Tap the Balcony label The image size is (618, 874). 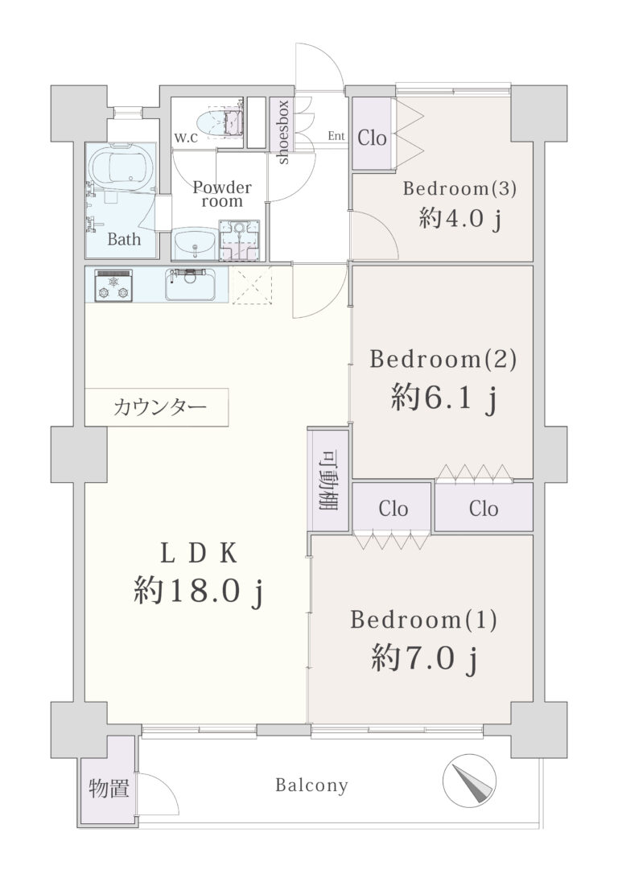coord(311,785)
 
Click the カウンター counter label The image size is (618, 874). coord(159,407)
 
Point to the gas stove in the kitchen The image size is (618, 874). coord(113,286)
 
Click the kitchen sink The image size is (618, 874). coord(190,284)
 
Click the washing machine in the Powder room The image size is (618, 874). coord(239,241)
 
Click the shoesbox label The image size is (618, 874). coord(282,131)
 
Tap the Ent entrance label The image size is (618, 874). coord(336,136)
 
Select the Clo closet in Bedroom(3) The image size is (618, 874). coord(373,134)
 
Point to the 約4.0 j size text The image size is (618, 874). coord(460,219)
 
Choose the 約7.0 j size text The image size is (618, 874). coord(425,659)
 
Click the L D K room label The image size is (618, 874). coord(199,554)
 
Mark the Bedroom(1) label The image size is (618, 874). coord(423,620)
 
